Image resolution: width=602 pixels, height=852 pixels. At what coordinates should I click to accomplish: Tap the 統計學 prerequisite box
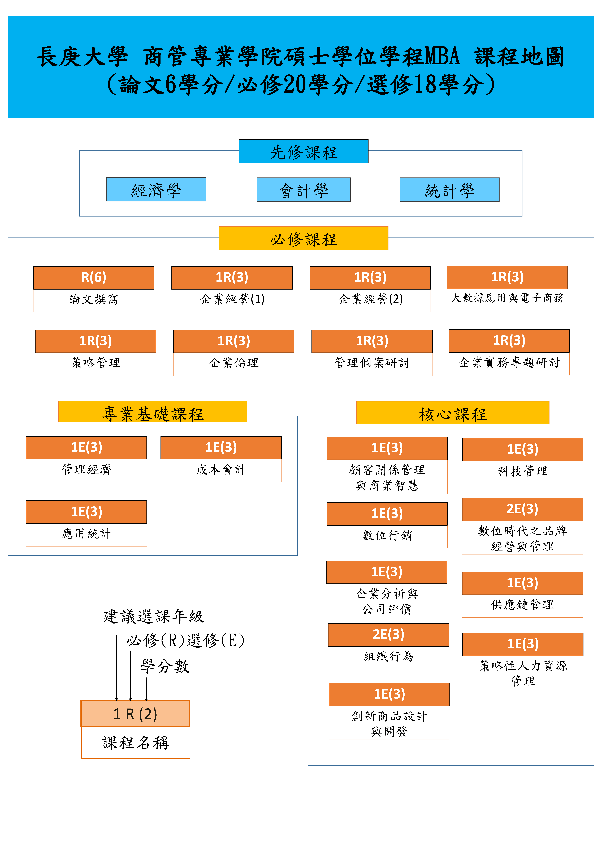click(x=449, y=190)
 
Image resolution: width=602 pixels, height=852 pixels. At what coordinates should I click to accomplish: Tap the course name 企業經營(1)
click(x=232, y=299)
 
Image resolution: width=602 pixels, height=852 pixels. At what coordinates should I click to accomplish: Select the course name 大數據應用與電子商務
click(x=507, y=298)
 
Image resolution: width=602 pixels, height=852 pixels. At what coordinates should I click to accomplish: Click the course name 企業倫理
click(x=234, y=363)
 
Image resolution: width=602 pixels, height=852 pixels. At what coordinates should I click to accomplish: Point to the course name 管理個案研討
click(x=372, y=363)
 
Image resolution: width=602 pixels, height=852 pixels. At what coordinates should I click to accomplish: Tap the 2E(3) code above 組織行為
click(x=388, y=635)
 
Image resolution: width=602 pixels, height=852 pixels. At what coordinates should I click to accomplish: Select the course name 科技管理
click(x=522, y=471)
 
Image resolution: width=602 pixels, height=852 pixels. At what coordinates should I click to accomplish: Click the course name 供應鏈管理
click(x=522, y=604)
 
